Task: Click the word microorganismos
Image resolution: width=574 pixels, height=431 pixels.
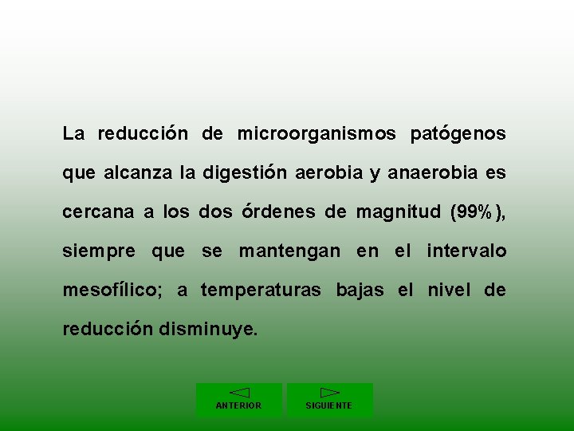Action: coord(316,134)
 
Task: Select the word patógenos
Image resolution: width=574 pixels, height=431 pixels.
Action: coord(458,134)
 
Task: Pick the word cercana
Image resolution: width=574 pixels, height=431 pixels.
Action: coord(98,212)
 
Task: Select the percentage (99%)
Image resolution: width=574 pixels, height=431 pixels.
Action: coord(478,212)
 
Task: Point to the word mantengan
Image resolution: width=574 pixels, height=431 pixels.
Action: coord(290,251)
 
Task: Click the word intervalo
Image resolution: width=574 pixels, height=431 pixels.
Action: coord(466,251)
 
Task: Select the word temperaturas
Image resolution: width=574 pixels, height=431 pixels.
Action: coord(262,291)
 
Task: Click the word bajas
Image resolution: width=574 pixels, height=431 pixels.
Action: coord(360,291)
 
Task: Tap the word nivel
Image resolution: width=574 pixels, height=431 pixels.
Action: coord(450,291)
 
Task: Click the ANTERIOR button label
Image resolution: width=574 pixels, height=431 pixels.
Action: coord(238,405)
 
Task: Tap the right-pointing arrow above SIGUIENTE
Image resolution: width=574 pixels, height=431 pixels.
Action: coord(329,393)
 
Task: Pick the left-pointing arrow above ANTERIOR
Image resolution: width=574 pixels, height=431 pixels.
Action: coord(239,393)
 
